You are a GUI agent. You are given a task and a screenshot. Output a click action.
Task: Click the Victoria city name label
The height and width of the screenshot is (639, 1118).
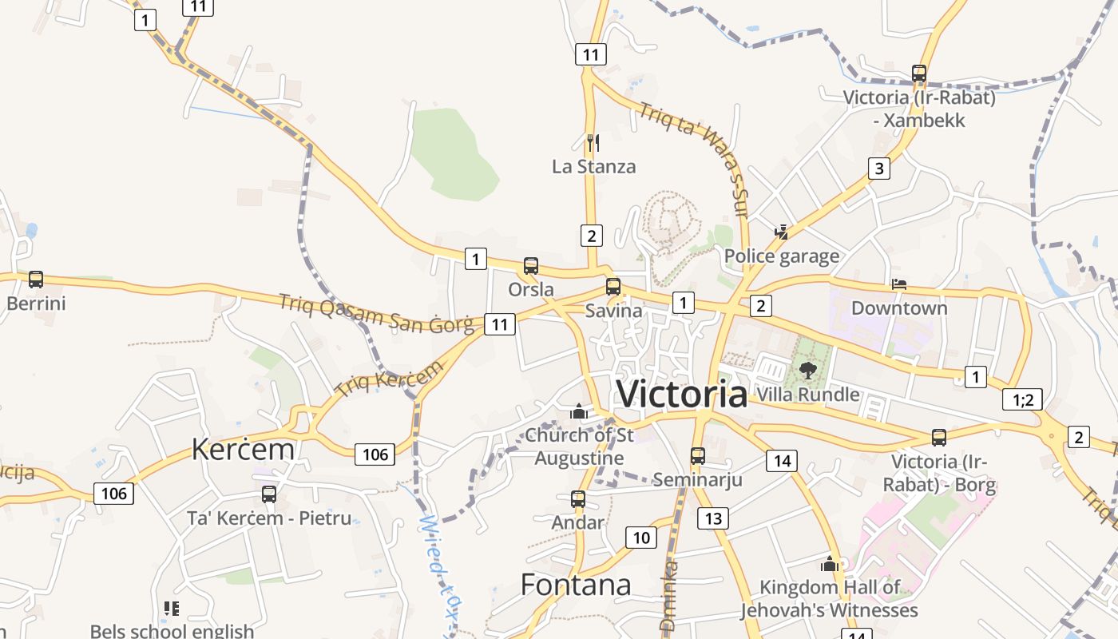(x=682, y=394)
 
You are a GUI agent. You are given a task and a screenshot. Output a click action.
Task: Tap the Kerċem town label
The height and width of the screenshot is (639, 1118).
(x=243, y=450)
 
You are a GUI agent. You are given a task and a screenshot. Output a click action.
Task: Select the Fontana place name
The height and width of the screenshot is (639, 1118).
(x=575, y=585)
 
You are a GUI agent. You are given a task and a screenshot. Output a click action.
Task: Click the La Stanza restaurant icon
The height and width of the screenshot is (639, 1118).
(x=593, y=143)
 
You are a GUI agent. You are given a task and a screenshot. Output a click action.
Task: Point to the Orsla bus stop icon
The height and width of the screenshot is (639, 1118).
(x=531, y=266)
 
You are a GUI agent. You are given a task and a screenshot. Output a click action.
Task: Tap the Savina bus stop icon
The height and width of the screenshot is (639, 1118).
(x=613, y=287)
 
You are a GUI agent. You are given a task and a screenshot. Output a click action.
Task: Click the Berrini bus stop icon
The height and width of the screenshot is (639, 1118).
(x=36, y=280)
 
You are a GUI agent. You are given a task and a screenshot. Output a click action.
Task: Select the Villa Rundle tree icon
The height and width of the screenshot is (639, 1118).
(x=807, y=370)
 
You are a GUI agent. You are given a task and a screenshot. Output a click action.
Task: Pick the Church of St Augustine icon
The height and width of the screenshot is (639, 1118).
(x=579, y=412)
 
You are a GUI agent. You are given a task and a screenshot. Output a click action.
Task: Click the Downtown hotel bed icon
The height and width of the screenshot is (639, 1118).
(x=899, y=284)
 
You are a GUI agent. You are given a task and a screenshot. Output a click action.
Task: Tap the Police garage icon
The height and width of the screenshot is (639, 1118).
(x=782, y=232)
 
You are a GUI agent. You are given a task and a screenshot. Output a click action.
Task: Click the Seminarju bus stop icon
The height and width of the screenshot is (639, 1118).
(x=698, y=456)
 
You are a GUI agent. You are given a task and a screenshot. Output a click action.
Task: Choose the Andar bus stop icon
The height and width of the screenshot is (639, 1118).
(x=578, y=500)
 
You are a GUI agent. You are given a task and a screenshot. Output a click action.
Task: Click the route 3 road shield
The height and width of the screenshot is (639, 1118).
(x=879, y=169)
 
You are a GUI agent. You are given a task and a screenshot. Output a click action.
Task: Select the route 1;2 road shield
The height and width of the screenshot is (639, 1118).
(x=1022, y=399)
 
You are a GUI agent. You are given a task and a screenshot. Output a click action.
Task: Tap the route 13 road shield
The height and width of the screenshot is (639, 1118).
(x=713, y=518)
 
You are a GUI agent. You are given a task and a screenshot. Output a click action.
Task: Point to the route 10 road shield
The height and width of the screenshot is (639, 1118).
(x=641, y=538)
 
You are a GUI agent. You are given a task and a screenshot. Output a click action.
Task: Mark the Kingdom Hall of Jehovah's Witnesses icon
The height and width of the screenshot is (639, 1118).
(x=830, y=565)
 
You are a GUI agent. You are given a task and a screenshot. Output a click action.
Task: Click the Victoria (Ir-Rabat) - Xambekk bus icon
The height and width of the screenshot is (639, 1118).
(x=919, y=74)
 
